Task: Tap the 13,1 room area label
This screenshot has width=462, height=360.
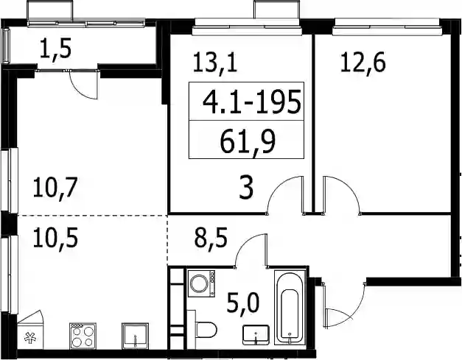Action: pos(215,63)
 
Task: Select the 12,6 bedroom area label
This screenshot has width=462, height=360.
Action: pos(363,63)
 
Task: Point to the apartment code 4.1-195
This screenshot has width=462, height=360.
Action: pos(252,102)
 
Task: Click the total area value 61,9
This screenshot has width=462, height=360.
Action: pos(247,141)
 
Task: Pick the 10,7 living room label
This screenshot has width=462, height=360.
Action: pos(55,188)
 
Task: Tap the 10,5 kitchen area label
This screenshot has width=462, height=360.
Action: pos(55,238)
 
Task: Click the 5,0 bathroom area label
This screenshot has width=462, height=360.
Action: pos(243,304)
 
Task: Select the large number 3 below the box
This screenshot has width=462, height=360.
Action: pos(246,188)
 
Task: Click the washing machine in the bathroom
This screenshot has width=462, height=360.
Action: pos(202,283)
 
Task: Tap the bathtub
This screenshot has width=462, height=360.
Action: pos(290,308)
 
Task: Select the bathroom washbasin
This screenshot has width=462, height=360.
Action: pos(256,335)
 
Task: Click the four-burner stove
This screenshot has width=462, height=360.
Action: pos(83,336)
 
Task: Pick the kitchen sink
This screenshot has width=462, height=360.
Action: pos(135,336)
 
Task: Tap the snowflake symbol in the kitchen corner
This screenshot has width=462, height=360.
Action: pos(30,338)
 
